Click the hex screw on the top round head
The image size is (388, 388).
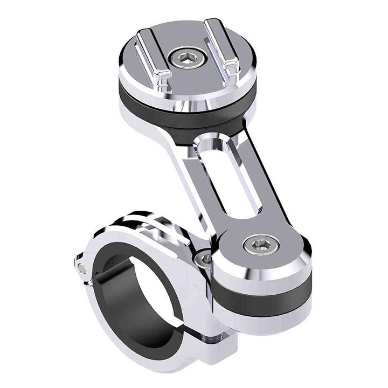point(187,58)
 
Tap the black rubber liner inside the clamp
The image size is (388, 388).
point(110,291)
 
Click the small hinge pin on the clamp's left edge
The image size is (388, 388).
point(81,268)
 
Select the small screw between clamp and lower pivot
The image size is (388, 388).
point(205,259)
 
